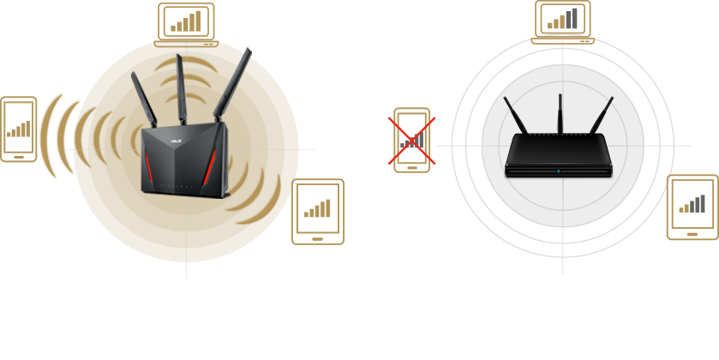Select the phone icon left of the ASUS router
tap(19, 129)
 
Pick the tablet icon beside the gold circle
tap(318, 211)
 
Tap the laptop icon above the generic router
tap(564, 21)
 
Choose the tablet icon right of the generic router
tap(692, 208)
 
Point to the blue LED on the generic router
tap(558, 172)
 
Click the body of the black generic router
tap(558, 154)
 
